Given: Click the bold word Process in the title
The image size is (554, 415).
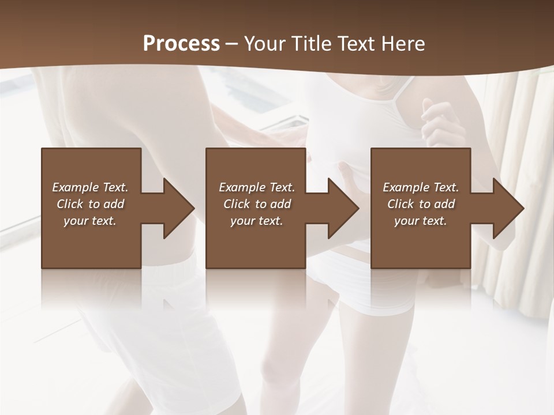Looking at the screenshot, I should click(181, 44).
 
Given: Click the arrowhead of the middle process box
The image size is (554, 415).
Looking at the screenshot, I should click(343, 208).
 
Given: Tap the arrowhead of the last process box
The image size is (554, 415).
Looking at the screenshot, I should click(508, 208).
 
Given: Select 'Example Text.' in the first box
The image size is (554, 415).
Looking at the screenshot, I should click(90, 187).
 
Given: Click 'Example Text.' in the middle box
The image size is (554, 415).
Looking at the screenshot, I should click(257, 187).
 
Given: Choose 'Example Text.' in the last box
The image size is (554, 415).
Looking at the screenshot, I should click(421, 187).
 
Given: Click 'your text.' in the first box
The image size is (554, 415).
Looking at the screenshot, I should click(90, 221).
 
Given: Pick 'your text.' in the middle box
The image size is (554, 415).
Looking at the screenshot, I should click(257, 221).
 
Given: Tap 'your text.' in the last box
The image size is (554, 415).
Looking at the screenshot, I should click(421, 221).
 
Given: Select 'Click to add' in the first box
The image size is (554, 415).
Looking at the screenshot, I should click(90, 204).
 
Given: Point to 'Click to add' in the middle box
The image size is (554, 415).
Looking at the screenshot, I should click(257, 204).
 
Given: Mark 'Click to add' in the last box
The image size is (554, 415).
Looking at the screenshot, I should click(421, 204).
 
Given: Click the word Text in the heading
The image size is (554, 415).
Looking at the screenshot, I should click(357, 44).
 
